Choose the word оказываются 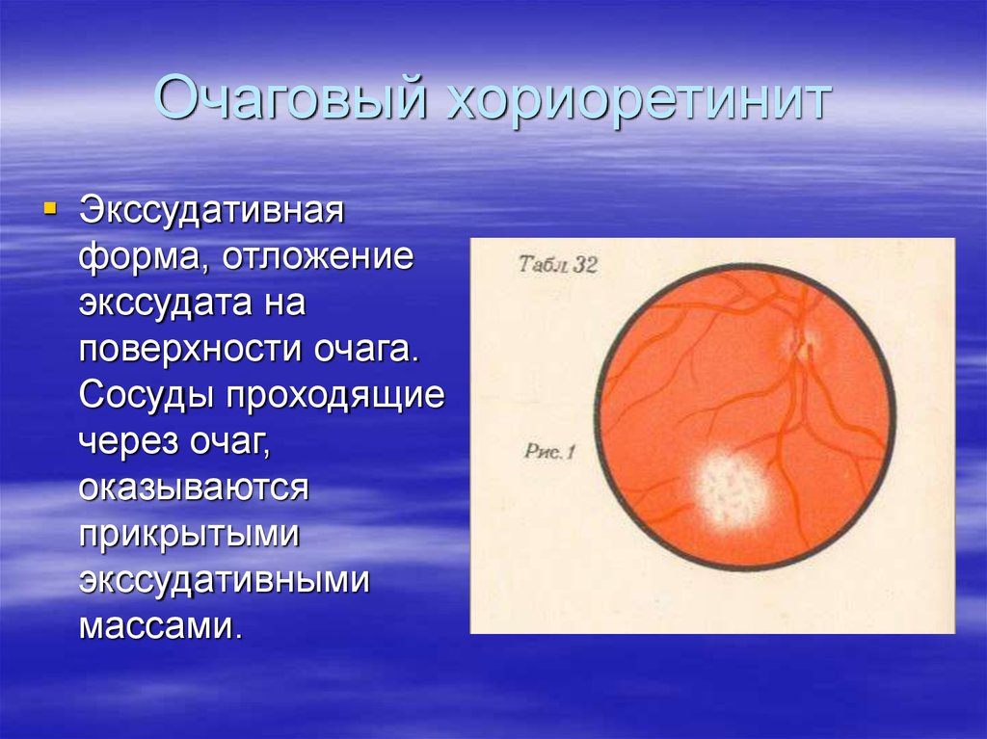coord(194,488)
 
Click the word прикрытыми coord(190,534)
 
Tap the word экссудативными coord(225,580)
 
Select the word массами coord(158,626)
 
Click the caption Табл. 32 coord(557,265)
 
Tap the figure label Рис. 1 coord(550,451)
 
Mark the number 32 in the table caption coord(584,265)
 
